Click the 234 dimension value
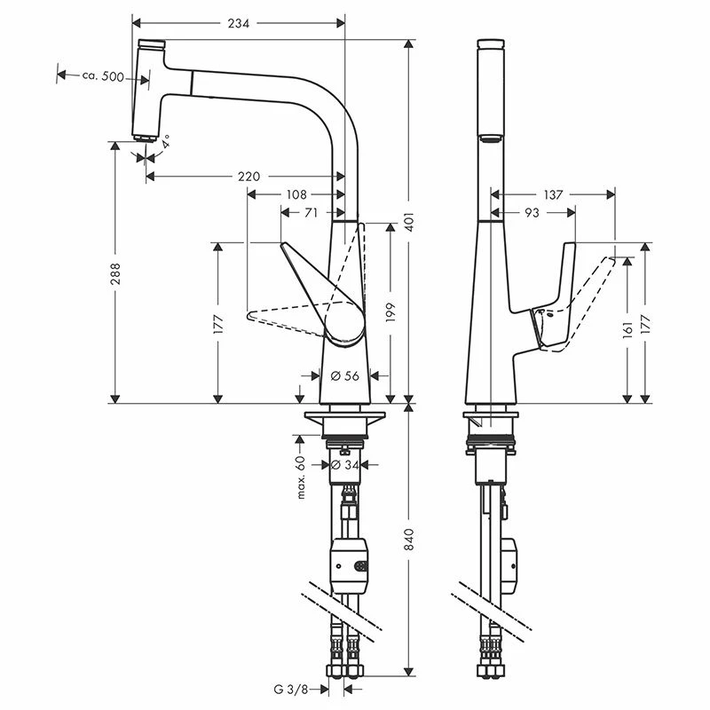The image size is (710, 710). tap(238, 23)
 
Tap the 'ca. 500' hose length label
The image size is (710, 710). tap(103, 76)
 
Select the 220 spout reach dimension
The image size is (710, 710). tap(249, 176)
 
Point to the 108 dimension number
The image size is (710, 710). tap(296, 194)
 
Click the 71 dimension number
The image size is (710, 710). tap(312, 212)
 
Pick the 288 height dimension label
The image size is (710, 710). tap(115, 273)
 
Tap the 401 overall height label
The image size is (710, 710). tap(409, 222)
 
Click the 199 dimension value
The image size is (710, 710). tap(390, 312)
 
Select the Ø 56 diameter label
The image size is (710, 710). tap(344, 375)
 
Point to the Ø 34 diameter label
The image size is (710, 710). tap(345, 464)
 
